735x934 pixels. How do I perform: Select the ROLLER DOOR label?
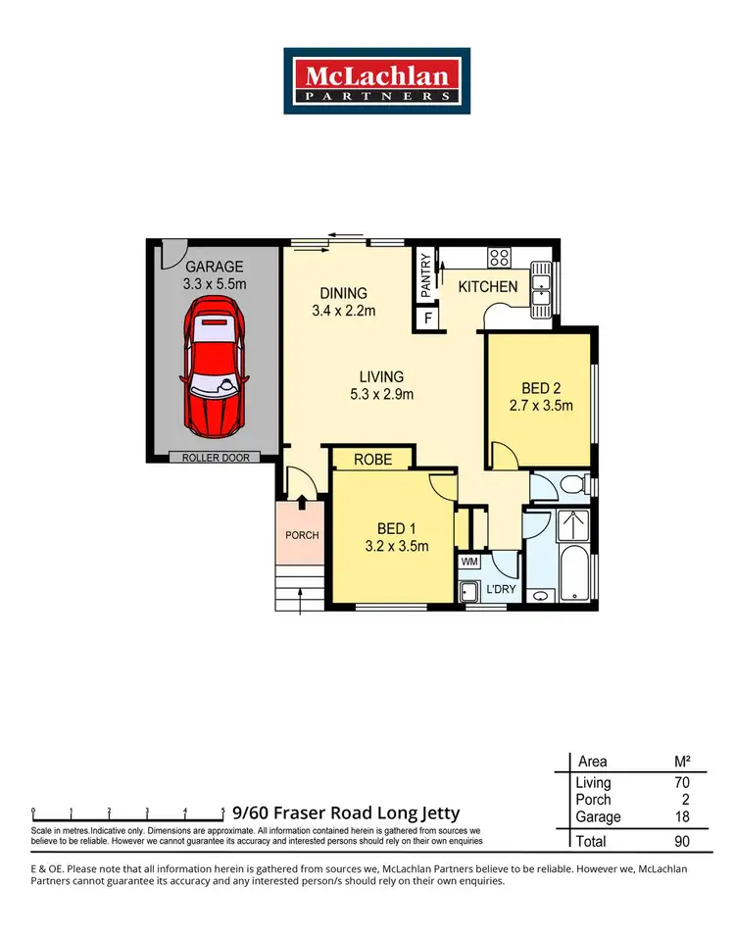215,457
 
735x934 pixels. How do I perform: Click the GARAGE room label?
215,267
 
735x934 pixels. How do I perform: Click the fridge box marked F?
425,319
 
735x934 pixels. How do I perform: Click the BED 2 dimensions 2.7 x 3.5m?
541,405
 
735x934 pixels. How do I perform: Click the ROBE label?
372,459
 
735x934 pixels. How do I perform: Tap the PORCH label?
302,536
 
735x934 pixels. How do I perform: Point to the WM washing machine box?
469,563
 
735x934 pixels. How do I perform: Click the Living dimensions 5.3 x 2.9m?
381,395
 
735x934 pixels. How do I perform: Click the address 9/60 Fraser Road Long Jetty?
346,813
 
